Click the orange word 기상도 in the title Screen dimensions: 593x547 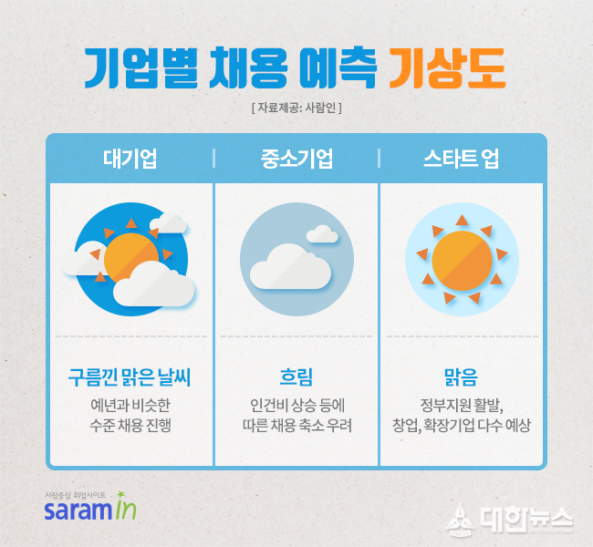point(447,68)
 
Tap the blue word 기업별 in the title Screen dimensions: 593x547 point(141,68)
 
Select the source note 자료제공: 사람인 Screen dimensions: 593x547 point(296,108)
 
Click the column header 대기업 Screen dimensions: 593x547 point(130,159)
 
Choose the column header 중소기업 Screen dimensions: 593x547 point(296,159)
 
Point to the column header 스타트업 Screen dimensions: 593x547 point(462,159)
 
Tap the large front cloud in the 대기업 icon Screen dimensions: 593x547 point(154,284)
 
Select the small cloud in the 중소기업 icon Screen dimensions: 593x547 point(322,234)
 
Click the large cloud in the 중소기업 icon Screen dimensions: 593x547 point(290,266)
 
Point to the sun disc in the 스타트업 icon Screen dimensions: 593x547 point(463,261)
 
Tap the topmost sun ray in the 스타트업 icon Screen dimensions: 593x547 point(462,220)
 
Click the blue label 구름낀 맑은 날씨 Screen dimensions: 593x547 point(130,377)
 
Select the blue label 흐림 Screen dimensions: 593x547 point(296,377)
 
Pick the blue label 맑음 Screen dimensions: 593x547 point(462,377)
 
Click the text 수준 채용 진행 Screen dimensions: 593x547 point(130,425)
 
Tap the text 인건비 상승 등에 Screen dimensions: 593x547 point(297,406)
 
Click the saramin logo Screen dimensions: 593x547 point(90,507)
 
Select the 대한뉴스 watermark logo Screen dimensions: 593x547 point(509,519)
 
